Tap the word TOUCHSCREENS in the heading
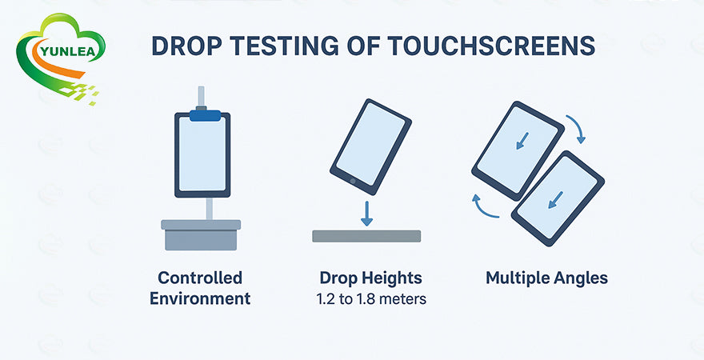(490, 46)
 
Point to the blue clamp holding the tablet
(205, 115)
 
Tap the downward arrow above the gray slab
(367, 214)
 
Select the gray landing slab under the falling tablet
(366, 236)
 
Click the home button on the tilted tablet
(353, 181)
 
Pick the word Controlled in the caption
(200, 278)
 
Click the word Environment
(200, 298)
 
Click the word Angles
(581, 278)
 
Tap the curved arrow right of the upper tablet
(577, 128)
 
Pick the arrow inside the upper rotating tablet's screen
(522, 141)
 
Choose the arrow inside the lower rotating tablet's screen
(556, 200)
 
